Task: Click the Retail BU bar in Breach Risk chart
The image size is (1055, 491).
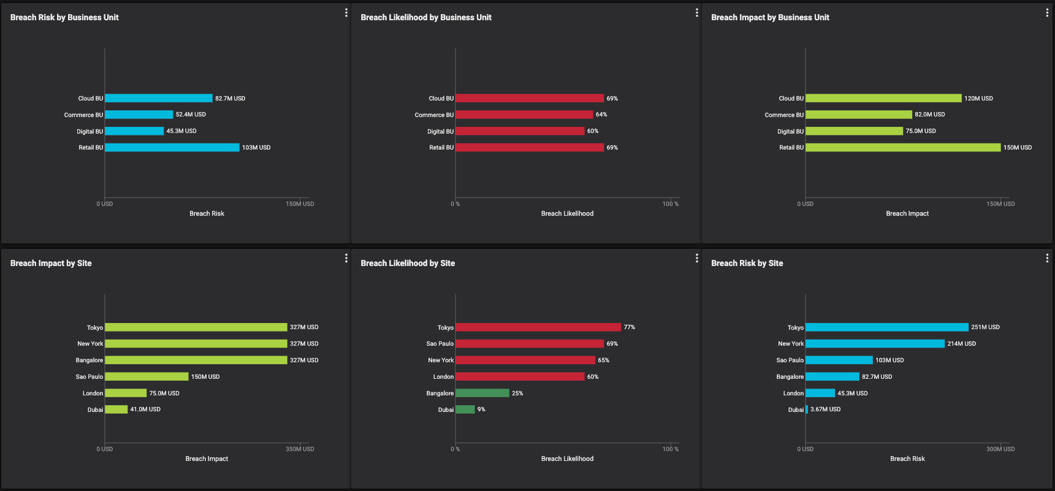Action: pyautogui.click(x=172, y=148)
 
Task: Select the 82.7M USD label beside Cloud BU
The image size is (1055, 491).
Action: pyautogui.click(x=230, y=99)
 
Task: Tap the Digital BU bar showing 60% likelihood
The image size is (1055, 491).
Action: pyautogui.click(x=520, y=131)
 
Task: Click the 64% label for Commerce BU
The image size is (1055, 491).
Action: pyautogui.click(x=601, y=115)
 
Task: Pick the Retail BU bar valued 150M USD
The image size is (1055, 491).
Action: pyautogui.click(x=902, y=148)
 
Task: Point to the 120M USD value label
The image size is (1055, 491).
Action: pyautogui.click(x=978, y=99)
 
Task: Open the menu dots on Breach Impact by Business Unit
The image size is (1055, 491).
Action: pyautogui.click(x=1047, y=13)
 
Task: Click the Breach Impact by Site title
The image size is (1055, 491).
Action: pyautogui.click(x=51, y=264)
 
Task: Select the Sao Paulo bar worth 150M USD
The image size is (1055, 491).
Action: pyautogui.click(x=147, y=376)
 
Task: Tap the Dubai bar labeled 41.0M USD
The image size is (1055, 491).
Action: pyautogui.click(x=116, y=409)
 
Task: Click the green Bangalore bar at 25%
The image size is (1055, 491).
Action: pyautogui.click(x=482, y=393)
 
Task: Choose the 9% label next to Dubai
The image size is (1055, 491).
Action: pyautogui.click(x=481, y=409)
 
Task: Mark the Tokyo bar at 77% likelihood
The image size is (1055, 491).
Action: pyautogui.click(x=538, y=327)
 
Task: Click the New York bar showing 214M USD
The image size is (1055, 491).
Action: pyautogui.click(x=875, y=344)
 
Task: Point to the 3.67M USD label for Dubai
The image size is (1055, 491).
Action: pyautogui.click(x=825, y=409)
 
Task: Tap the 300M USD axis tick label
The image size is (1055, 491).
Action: pyautogui.click(x=1000, y=449)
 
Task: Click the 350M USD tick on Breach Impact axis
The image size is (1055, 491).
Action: pyautogui.click(x=300, y=449)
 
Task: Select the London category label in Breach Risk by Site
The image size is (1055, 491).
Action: pyautogui.click(x=793, y=394)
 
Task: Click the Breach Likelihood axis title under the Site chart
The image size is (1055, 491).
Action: pyautogui.click(x=567, y=459)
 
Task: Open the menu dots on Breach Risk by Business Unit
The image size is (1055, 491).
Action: pyautogui.click(x=346, y=13)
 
